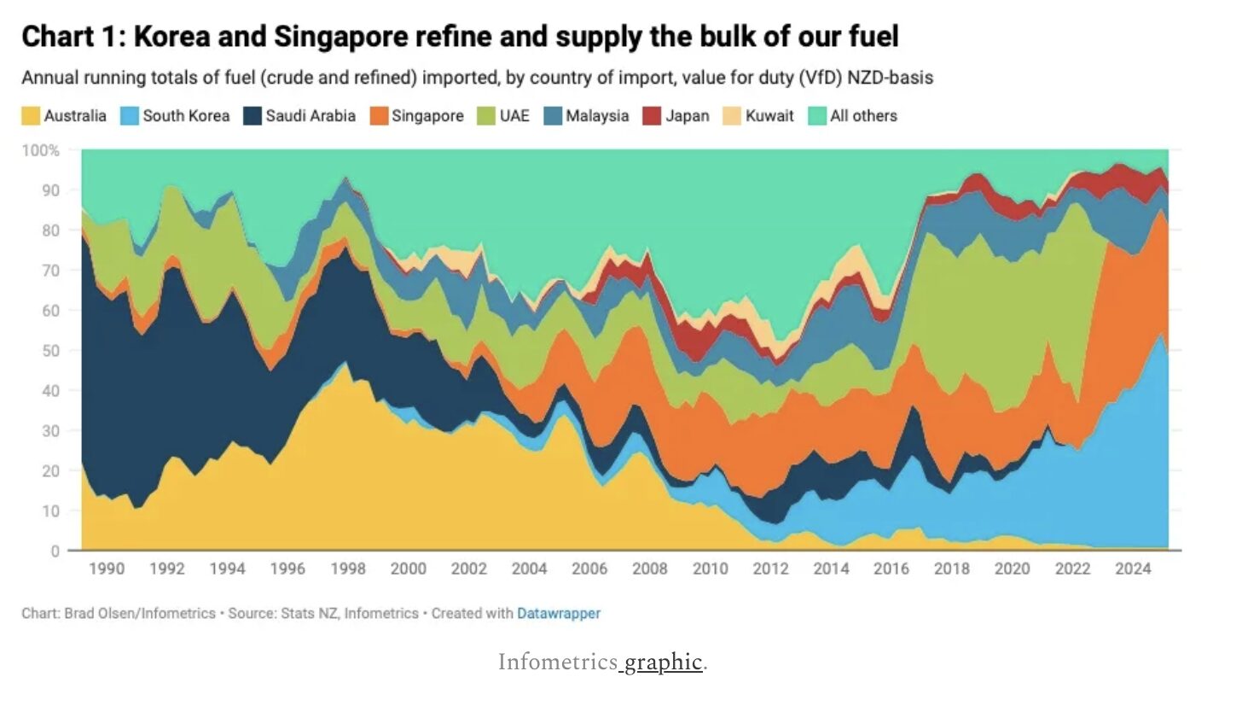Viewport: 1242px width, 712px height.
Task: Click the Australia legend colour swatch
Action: click(31, 116)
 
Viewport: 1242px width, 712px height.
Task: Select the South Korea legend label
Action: click(186, 116)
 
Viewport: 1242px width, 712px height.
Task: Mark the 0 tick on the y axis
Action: click(55, 551)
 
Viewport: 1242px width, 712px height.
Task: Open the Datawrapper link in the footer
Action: click(558, 613)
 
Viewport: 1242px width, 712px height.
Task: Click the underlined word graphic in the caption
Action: click(664, 662)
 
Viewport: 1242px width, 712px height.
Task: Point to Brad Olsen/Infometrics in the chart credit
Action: click(140, 613)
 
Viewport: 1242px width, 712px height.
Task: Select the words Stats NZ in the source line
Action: click(312, 613)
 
